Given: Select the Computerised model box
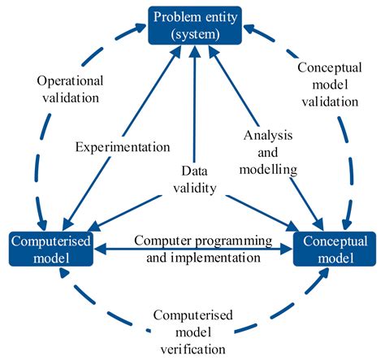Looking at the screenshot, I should tap(51, 249).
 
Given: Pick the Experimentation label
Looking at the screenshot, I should tap(122, 147).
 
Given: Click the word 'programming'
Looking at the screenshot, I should tap(222, 241).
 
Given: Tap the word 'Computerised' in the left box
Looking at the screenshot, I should tap(51, 241).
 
